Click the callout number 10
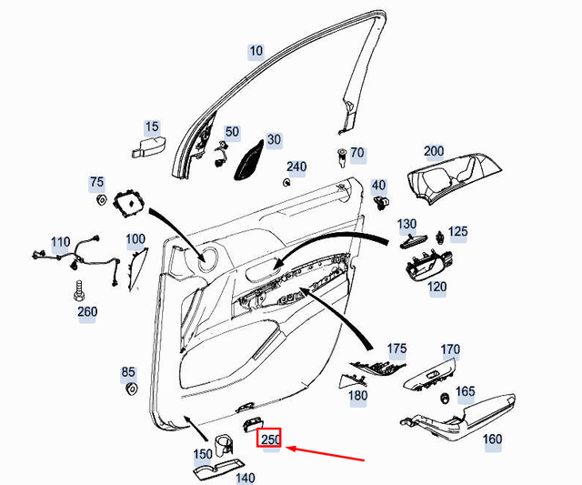coord(256,52)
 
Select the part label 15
coord(152,126)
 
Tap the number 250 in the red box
coord(271,440)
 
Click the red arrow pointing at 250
coord(328,453)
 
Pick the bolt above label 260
coord(78,293)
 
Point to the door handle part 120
coord(426,268)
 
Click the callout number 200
coord(434,151)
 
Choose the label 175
coord(396,349)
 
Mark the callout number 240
coord(296,167)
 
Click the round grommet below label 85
coord(128,391)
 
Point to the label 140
coord(246,477)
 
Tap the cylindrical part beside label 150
coord(224,446)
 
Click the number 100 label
coord(135,240)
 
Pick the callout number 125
coord(457,232)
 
